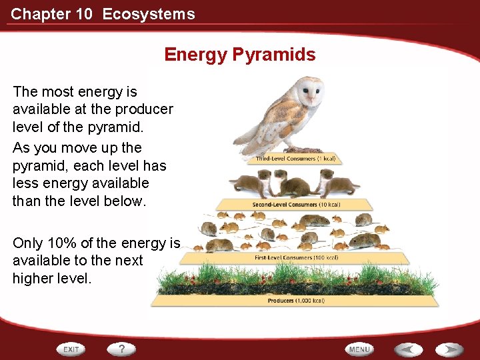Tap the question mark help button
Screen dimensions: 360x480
[122, 349]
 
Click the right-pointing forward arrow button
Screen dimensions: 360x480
[450, 349]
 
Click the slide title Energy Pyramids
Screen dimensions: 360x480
[239, 55]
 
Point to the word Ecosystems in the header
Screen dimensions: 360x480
[149, 14]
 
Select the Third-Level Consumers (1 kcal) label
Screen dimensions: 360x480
[295, 159]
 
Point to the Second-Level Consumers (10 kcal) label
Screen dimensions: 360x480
[295, 204]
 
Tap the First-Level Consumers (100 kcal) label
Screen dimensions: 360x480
[295, 257]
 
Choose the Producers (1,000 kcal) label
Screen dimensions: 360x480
[295, 301]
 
